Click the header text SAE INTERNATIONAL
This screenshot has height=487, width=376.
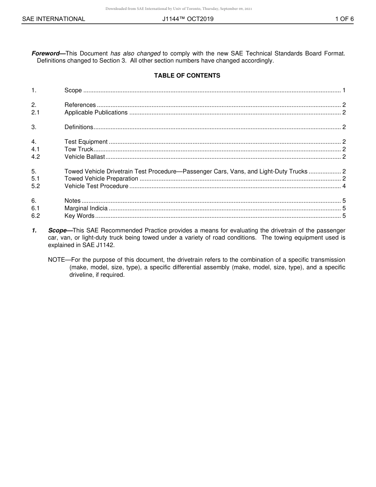tap(53, 19)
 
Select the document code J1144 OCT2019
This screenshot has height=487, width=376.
tap(188, 19)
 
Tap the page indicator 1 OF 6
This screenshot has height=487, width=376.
tap(344, 19)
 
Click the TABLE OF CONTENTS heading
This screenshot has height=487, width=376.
tap(187, 76)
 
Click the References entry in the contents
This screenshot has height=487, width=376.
tap(80, 105)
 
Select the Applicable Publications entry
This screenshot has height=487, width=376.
tap(96, 112)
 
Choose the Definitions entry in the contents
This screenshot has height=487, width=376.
tap(79, 127)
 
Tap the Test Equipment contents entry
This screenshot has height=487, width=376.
tap(86, 142)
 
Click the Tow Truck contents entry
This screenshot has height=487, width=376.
tap(79, 149)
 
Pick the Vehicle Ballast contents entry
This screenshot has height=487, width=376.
tap(85, 157)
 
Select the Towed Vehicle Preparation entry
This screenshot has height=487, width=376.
tap(101, 179)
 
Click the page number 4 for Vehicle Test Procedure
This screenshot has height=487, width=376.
tap(344, 186)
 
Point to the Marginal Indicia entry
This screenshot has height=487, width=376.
tap(86, 208)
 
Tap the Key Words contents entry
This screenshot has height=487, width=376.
tap(79, 216)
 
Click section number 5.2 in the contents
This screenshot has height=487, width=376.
tap(36, 186)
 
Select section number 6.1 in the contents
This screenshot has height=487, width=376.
tap(36, 208)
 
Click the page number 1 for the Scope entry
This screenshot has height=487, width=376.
tap(344, 90)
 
